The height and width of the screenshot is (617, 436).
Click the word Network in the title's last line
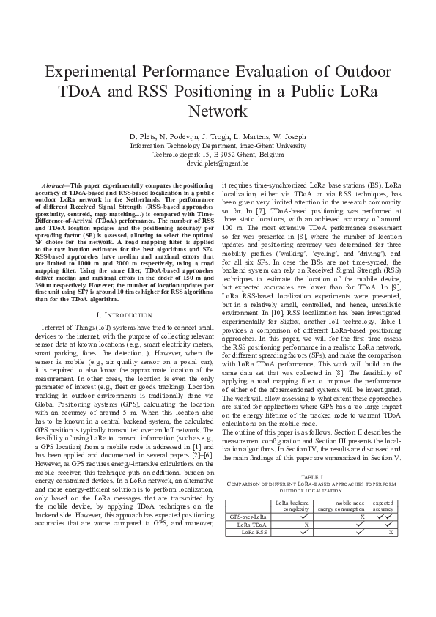pyautogui.click(x=218, y=111)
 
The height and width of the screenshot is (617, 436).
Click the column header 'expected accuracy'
pyautogui.click(x=383, y=506)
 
